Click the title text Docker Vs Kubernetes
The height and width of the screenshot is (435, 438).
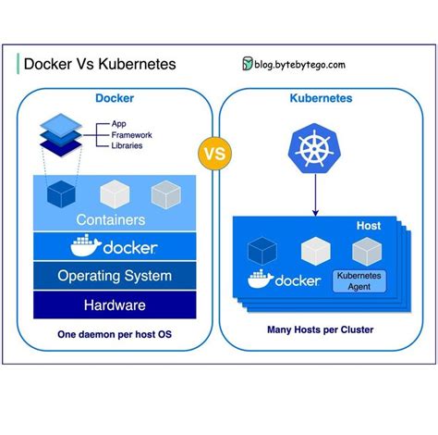click(x=99, y=64)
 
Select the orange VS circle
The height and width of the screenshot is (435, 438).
click(x=214, y=155)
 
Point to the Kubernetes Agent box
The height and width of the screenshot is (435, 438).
click(x=359, y=281)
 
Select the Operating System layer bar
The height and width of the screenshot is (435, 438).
click(x=115, y=276)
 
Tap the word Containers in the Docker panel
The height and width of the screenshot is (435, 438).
click(x=110, y=220)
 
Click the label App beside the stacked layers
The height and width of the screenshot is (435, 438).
click(x=118, y=123)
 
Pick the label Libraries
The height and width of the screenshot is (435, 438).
click(x=127, y=145)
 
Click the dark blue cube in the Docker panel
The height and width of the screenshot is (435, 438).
click(x=61, y=193)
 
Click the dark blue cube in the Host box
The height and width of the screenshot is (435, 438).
click(x=263, y=250)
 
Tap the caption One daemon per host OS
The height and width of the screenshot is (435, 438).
click(x=115, y=334)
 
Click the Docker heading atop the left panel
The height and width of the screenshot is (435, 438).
click(x=115, y=97)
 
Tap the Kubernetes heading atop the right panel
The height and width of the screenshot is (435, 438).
click(x=320, y=97)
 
